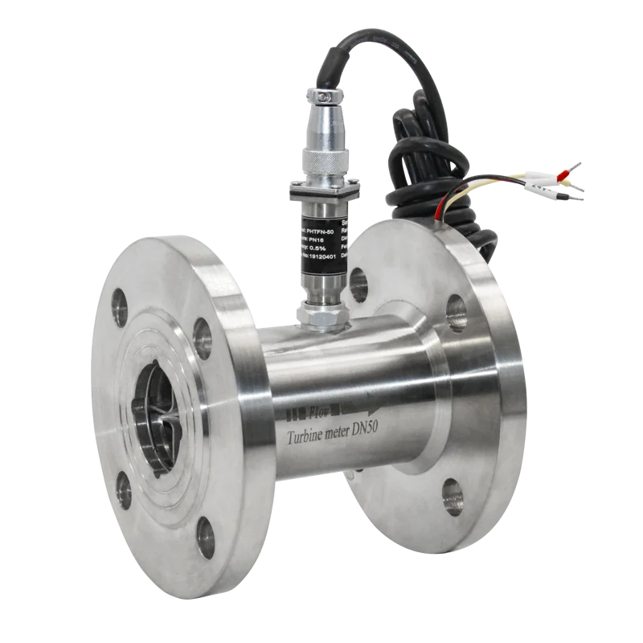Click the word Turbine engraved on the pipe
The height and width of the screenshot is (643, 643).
coord(310,436)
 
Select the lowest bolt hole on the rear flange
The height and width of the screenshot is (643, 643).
coord(452,497)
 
